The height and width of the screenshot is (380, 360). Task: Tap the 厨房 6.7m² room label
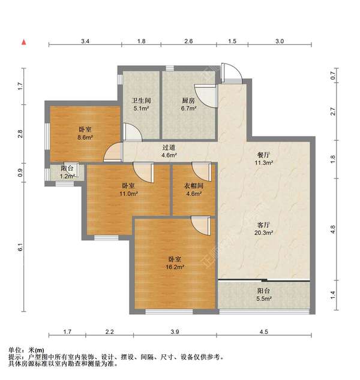pos(189,105)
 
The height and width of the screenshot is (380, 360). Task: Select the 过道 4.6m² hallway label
pos(169,151)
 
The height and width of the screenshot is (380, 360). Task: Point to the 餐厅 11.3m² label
pos(263,158)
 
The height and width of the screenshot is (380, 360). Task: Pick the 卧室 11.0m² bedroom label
pos(130,190)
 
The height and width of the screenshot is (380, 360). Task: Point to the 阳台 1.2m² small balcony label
pos(67,173)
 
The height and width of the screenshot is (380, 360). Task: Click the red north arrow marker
pos(24,43)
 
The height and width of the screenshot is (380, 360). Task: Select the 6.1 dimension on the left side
pos(20,247)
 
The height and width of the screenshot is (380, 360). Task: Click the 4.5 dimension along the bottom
pos(264,332)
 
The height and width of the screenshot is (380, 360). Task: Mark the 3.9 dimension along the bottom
pos(175,332)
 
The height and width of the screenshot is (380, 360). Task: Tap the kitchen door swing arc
pos(208,96)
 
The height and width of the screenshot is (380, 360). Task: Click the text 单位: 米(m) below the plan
pos(26,350)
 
